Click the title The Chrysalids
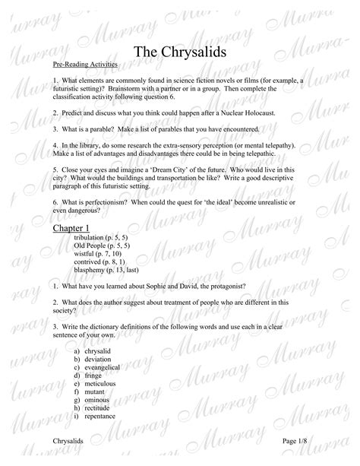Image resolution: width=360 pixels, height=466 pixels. click(179, 51)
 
